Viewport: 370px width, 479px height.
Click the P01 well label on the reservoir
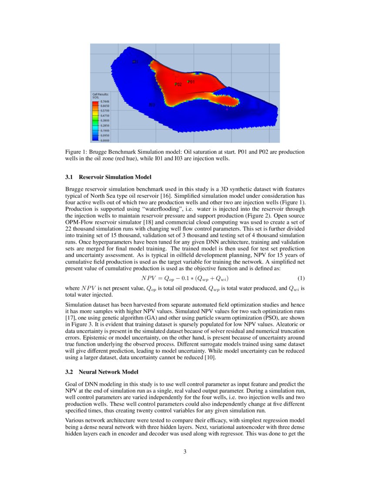point(192,82)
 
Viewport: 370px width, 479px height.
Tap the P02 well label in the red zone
point(178,84)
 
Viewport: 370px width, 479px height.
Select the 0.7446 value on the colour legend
point(105,101)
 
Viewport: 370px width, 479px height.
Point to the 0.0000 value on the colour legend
point(105,140)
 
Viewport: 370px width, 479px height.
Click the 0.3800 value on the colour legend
point(105,121)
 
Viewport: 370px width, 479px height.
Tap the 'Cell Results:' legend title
point(100,94)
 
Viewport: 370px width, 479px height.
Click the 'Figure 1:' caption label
point(76,152)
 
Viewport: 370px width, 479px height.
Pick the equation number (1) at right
point(300,278)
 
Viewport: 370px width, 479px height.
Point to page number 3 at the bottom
point(185,452)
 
